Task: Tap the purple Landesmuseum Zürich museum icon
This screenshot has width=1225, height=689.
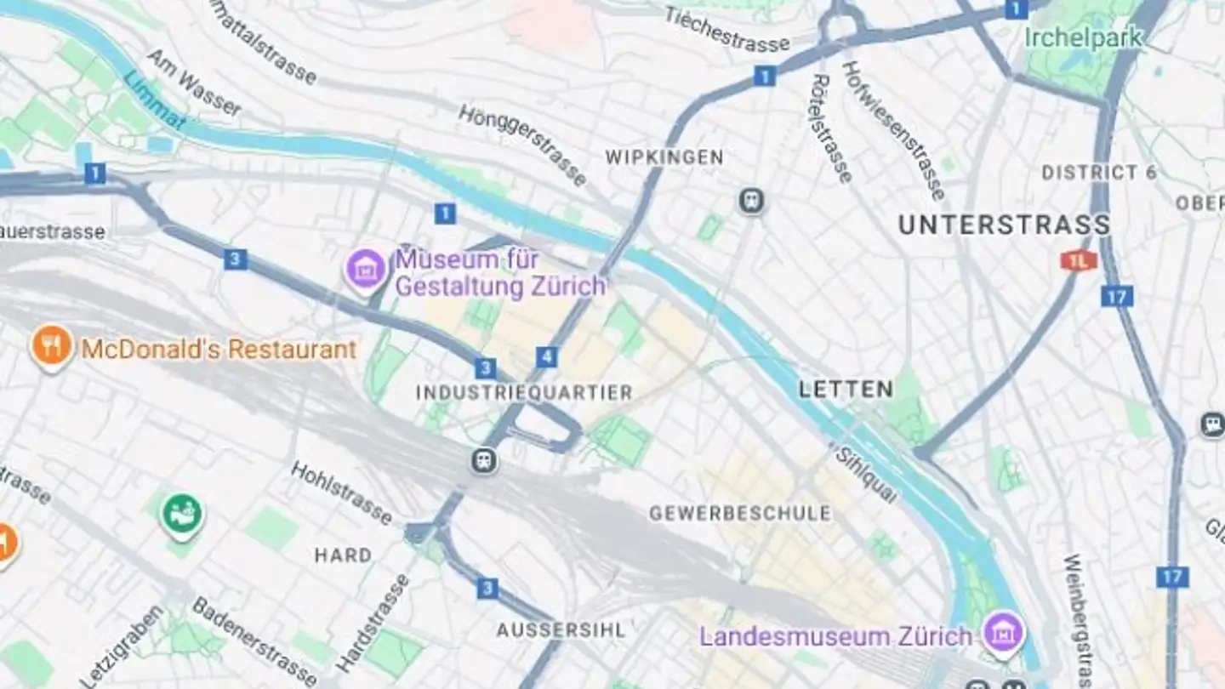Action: point(1004,633)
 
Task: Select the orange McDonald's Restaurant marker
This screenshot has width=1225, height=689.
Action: point(52,347)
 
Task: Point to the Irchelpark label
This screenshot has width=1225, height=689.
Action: point(1083,38)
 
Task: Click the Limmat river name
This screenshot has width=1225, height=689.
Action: point(154,100)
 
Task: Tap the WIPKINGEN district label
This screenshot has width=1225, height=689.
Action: point(664,157)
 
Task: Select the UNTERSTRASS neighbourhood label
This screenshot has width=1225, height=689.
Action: point(1004,225)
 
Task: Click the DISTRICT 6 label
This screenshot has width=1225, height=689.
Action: point(1099,173)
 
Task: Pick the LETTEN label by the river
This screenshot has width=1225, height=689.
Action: point(846,390)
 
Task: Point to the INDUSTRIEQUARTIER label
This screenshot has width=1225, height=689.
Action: point(524,393)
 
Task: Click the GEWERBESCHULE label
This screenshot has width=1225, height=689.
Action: point(739,514)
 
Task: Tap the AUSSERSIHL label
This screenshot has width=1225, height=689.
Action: point(561,630)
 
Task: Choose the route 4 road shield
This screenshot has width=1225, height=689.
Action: point(547,357)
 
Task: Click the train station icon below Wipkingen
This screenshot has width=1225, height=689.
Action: point(751,202)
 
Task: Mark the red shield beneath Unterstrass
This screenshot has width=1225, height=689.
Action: point(1078,260)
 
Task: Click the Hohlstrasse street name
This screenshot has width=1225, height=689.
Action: point(341,493)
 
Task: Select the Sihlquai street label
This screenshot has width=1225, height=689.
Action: point(866,475)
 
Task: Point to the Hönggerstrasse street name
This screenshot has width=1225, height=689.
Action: point(522,145)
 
